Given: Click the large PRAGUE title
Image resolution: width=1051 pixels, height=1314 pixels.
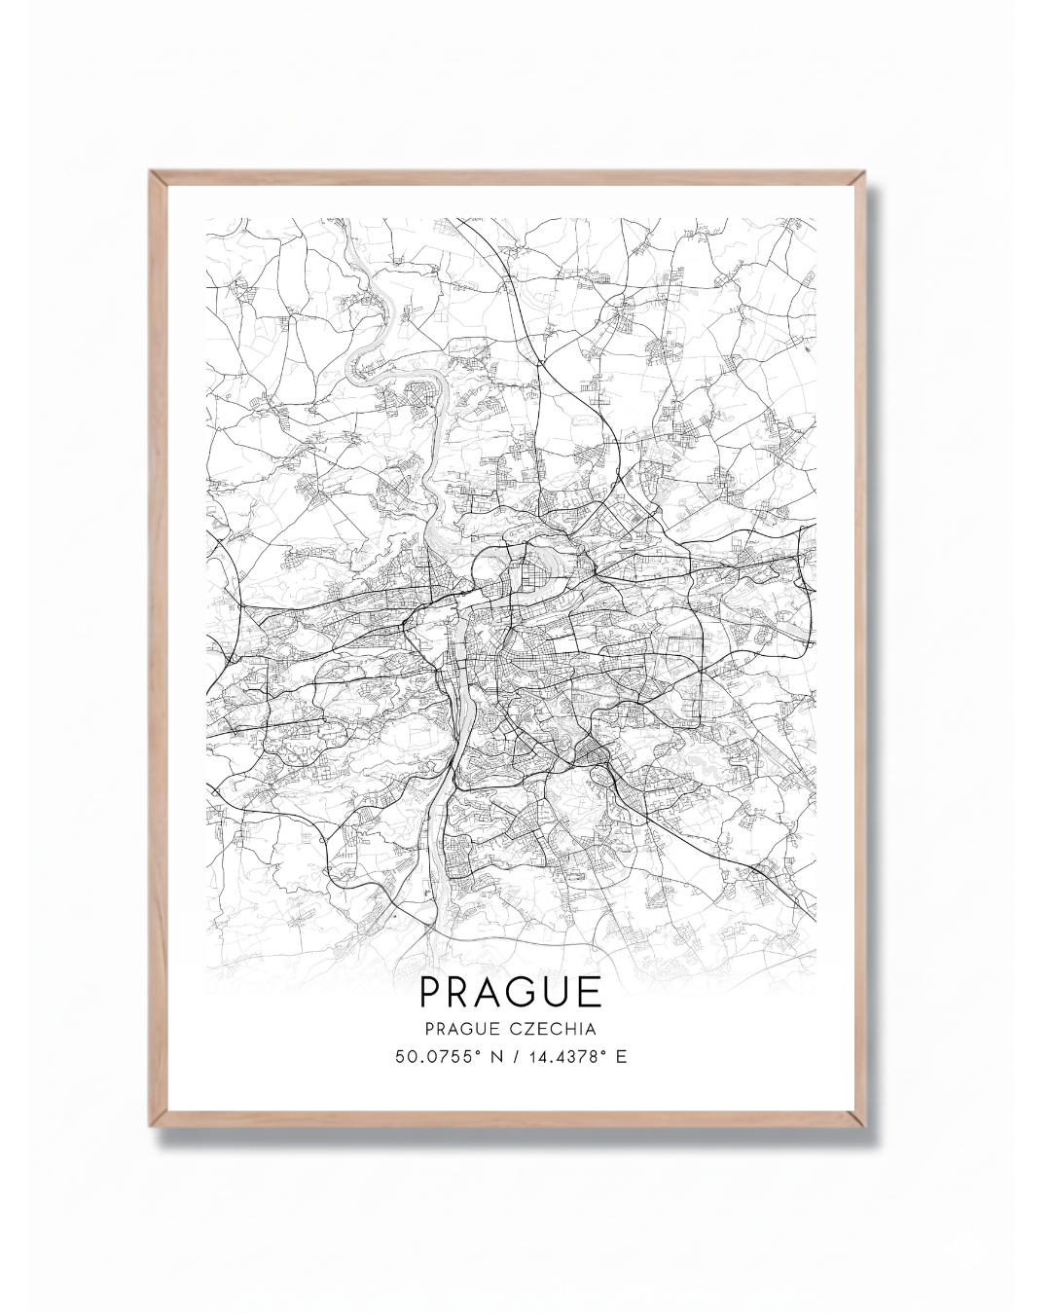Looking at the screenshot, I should [x=511, y=991].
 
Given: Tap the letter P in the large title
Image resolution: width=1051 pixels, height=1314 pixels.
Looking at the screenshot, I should [x=430, y=991].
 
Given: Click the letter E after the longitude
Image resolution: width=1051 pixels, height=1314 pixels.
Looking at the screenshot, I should [x=621, y=1056].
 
